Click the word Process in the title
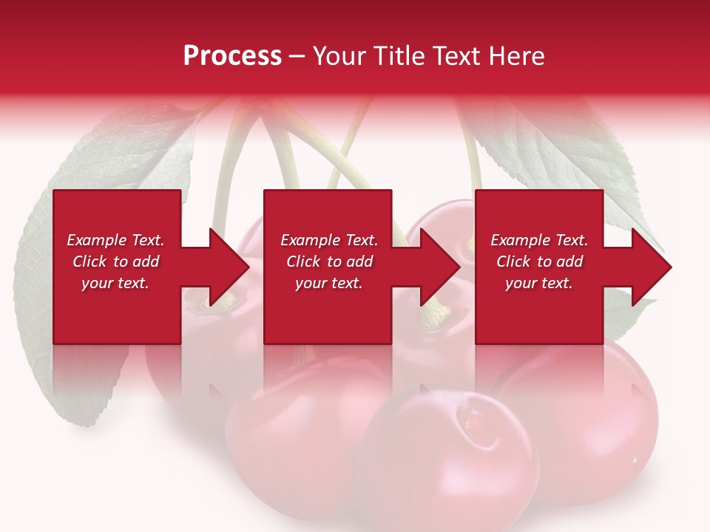(232, 56)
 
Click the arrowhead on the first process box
(230, 267)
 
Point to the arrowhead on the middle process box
(441, 267)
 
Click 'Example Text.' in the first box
(115, 240)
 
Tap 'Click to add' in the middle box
(329, 262)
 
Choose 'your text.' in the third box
(539, 283)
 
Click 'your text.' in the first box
(115, 283)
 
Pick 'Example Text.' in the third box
(539, 240)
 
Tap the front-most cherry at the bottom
(444, 465)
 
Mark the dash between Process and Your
(297, 56)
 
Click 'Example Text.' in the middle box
(329, 240)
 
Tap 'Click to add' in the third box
(539, 262)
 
